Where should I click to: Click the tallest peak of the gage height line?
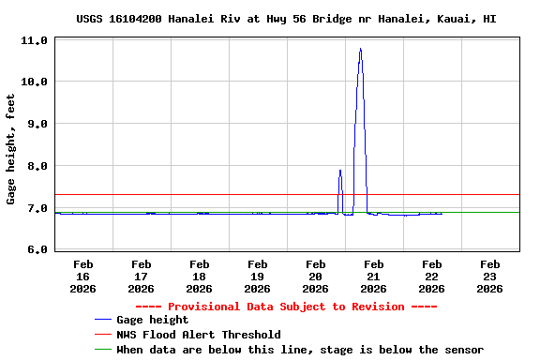(360, 50)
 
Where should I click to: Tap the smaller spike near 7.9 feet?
(340, 171)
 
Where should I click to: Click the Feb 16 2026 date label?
(82, 277)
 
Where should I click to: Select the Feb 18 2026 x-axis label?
(199, 277)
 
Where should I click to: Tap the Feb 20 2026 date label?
(315, 277)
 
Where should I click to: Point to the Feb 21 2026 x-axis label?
(373, 277)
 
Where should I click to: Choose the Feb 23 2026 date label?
(489, 277)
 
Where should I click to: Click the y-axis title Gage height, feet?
(12, 148)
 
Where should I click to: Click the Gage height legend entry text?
(152, 321)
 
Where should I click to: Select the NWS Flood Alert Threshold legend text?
(198, 335)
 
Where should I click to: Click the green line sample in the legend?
(103, 350)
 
